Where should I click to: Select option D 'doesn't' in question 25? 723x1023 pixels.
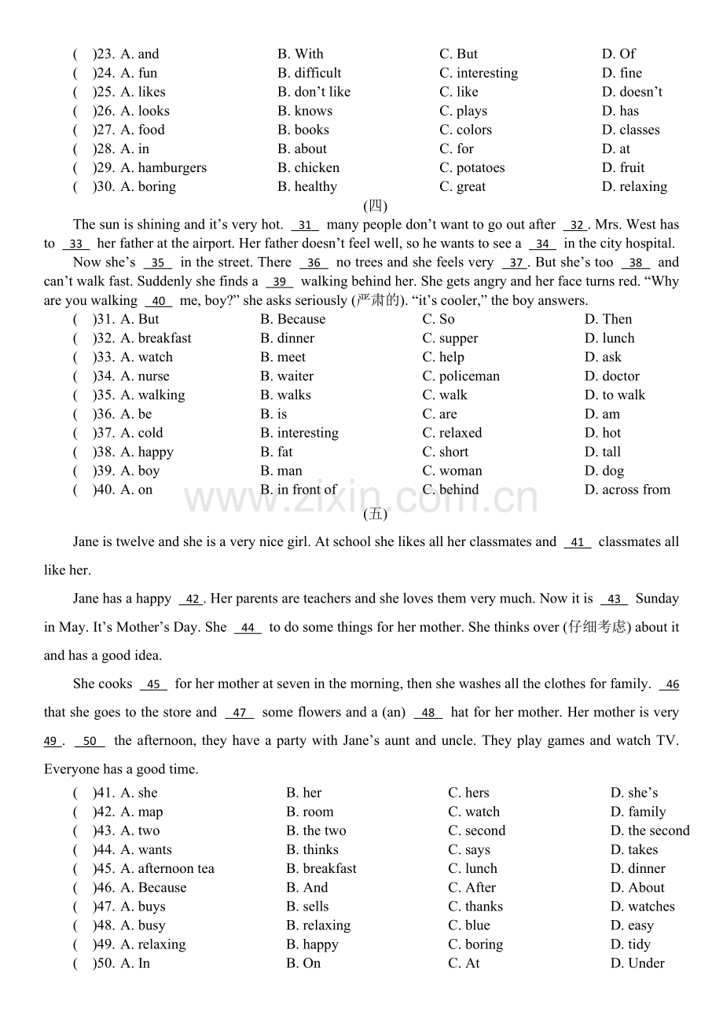click(x=632, y=92)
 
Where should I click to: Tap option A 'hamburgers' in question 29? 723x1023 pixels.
click(x=163, y=167)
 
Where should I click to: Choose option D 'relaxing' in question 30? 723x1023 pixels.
click(x=634, y=186)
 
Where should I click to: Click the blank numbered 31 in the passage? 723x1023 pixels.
click(x=305, y=225)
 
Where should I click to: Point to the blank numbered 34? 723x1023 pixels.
click(x=542, y=244)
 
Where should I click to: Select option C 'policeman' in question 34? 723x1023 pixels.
click(x=461, y=376)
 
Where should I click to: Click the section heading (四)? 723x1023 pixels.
click(x=376, y=206)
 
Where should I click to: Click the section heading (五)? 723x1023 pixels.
click(x=376, y=515)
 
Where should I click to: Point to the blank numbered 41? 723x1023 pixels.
click(x=578, y=543)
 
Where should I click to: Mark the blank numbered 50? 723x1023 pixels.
click(x=90, y=742)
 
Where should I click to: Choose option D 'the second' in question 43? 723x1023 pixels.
click(x=650, y=830)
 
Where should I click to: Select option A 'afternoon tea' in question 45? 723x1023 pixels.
click(x=167, y=868)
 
